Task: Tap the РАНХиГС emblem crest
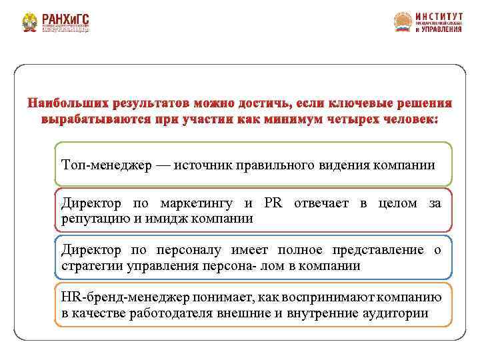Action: pos(29,23)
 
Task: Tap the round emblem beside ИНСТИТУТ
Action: pos(403,23)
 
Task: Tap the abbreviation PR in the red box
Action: pos(273,203)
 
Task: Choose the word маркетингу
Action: pos(197,203)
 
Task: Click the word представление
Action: pos(373,250)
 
